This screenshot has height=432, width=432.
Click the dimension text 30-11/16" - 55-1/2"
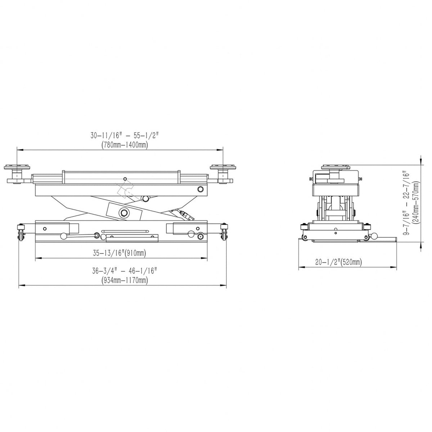(x=124, y=136)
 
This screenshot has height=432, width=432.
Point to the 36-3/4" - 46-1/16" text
(x=124, y=271)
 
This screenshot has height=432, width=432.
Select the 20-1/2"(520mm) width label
(x=338, y=262)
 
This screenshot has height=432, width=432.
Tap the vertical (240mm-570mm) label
(x=417, y=203)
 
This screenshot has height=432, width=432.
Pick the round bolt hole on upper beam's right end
(x=200, y=189)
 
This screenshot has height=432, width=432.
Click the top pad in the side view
(x=336, y=167)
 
